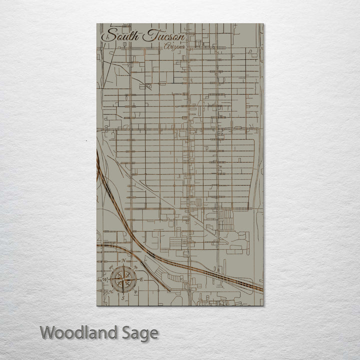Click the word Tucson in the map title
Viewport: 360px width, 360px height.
coord(163,36)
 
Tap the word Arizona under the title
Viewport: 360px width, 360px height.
coord(174,46)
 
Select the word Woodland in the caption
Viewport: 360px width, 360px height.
coord(78,332)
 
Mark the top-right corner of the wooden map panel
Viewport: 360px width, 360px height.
coord(263,23)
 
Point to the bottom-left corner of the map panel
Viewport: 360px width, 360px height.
coord(96,305)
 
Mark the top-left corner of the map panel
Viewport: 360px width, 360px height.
coord(96,23)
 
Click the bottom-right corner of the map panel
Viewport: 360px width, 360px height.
coord(263,305)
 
